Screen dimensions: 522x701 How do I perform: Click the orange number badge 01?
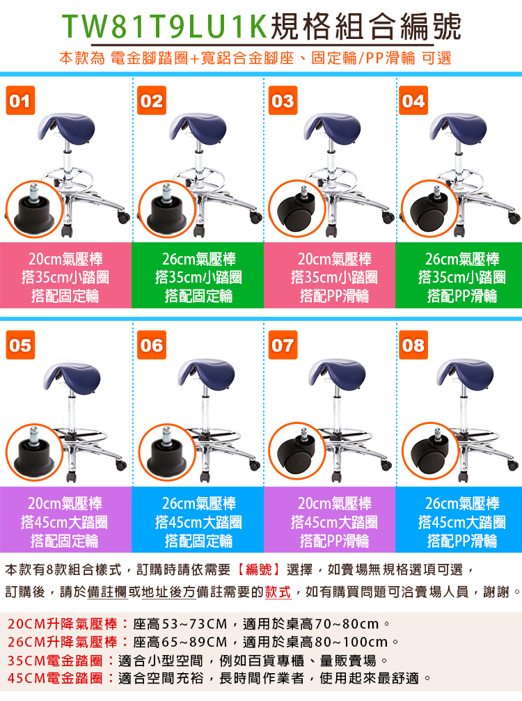(21, 100)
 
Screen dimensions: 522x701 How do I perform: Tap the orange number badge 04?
(413, 100)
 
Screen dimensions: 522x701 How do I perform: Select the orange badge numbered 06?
(152, 345)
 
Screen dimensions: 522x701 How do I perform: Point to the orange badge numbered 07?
(283, 345)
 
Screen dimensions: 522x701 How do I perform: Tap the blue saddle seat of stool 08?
(465, 373)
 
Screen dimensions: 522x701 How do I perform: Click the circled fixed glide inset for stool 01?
(34, 210)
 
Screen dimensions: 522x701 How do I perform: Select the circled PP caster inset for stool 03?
(297, 209)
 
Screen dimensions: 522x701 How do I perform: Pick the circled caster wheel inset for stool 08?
(430, 451)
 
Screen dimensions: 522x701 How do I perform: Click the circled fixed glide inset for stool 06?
(167, 452)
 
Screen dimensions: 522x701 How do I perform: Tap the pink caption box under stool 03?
(330, 276)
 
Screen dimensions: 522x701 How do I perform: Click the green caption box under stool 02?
(198, 276)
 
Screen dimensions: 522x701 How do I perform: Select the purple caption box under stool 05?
(65, 519)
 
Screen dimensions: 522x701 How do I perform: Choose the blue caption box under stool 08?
(459, 519)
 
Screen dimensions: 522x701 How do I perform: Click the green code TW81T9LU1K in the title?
(164, 27)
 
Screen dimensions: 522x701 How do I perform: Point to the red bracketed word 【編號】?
(259, 569)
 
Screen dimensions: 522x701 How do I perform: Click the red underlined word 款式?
(278, 592)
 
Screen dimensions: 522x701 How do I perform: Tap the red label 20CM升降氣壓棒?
(63, 624)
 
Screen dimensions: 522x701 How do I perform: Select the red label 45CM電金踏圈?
(56, 678)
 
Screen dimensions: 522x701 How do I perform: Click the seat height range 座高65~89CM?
(180, 642)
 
